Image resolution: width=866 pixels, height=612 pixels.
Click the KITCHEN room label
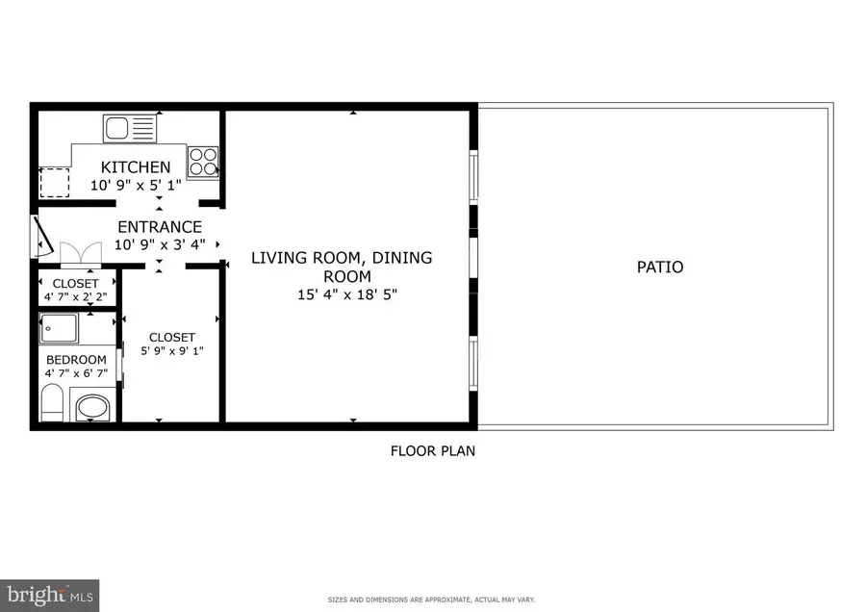coord(136,167)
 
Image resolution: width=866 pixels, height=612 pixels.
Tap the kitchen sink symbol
coord(128,128)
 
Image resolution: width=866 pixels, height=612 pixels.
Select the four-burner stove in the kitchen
coord(202,161)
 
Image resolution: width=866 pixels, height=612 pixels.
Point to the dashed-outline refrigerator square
coord(55,181)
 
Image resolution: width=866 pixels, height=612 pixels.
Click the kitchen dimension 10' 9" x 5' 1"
coord(136,185)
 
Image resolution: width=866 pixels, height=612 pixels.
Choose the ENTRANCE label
coord(160,227)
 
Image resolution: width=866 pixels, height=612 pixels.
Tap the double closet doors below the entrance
coord(80,253)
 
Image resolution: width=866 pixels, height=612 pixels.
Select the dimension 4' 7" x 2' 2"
coord(75,296)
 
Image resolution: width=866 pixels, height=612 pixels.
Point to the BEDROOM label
coord(76,360)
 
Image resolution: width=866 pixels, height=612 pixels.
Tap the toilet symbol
coord(52,402)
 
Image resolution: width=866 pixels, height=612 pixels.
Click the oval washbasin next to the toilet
coord(93,407)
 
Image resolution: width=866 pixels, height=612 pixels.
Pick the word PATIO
coord(660,267)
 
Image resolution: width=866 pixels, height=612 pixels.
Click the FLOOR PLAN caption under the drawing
coord(432,450)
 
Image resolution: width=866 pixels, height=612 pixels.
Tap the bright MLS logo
coord(50,593)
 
